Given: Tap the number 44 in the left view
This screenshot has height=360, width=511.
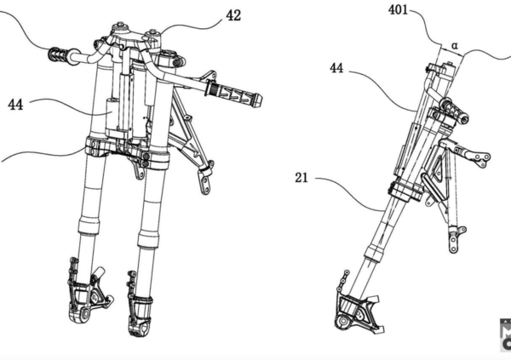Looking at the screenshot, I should pos(15,104).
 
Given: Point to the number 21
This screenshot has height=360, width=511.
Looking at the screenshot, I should pos(301,179).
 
